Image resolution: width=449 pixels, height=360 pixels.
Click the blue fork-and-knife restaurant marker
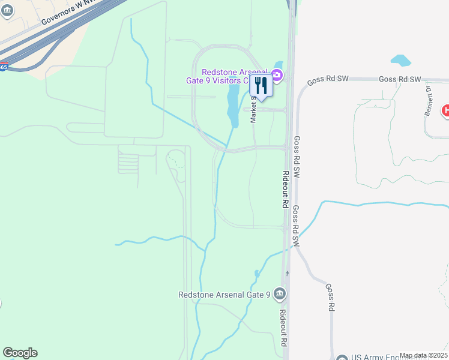261,85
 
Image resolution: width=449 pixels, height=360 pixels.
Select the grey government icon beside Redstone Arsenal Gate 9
280,294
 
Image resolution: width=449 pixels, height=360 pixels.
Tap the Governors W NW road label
65,12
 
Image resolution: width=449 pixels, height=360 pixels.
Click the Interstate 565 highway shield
3,67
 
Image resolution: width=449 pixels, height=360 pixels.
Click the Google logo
20,353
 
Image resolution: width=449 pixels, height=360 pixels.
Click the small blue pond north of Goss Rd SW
400,61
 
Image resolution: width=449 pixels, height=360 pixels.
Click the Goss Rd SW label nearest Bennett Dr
400,79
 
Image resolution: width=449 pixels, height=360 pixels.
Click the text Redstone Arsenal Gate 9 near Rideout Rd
225,295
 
